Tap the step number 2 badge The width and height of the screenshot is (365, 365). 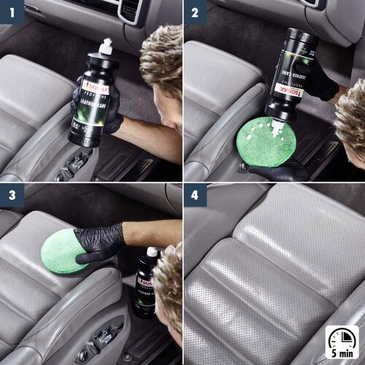tap(195, 12)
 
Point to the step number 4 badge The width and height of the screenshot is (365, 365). tap(195, 196)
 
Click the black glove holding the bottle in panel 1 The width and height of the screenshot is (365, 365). tap(109, 109)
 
